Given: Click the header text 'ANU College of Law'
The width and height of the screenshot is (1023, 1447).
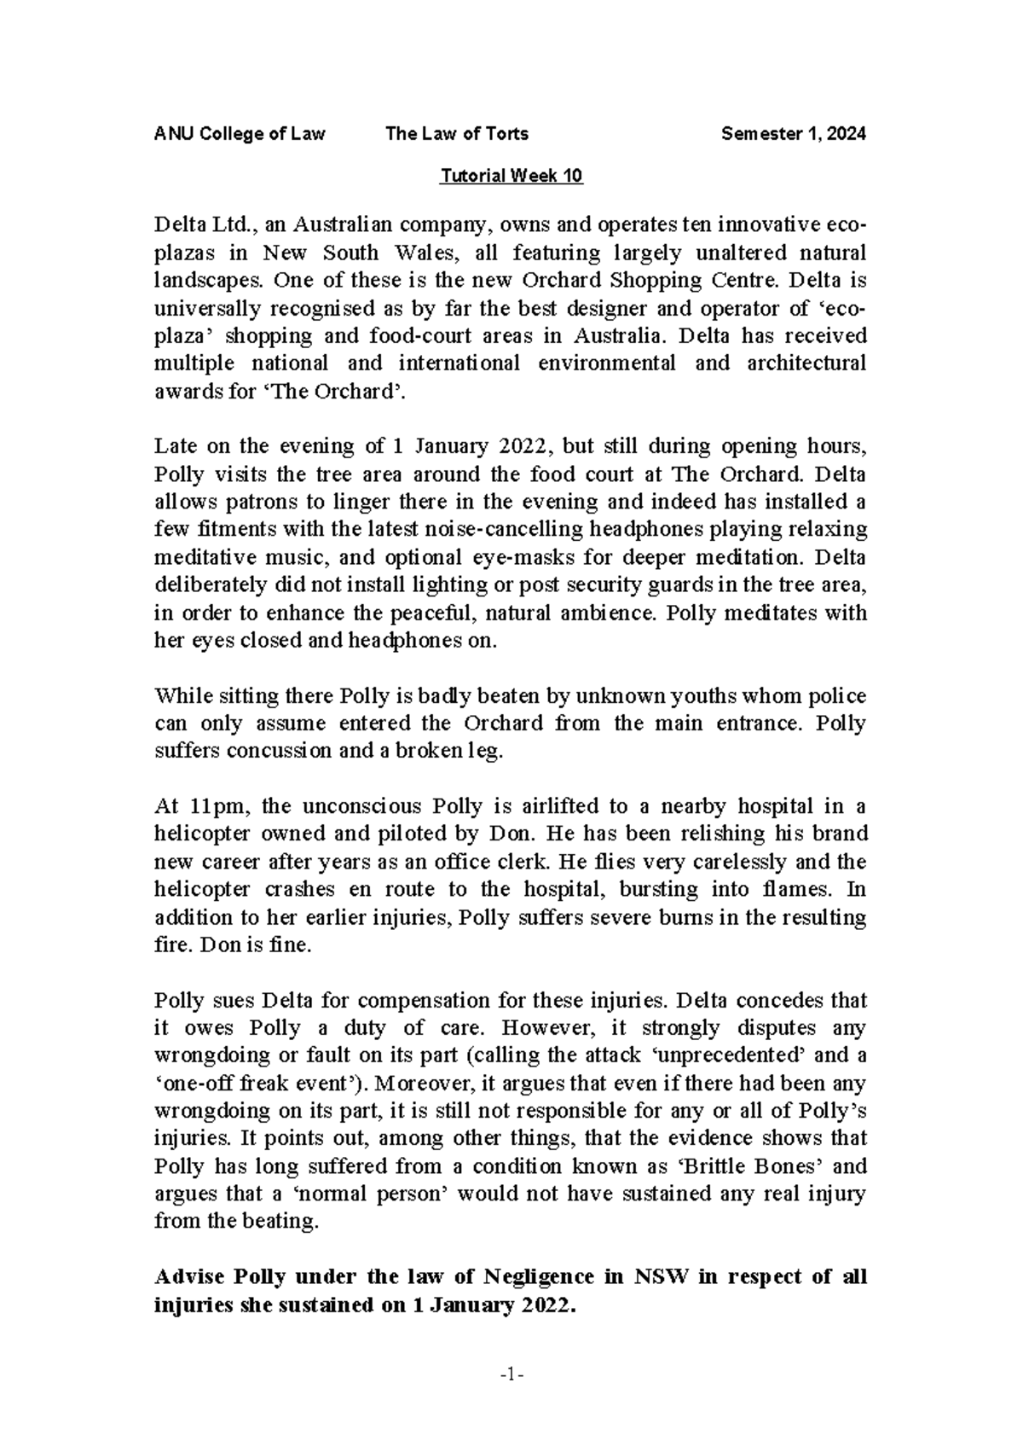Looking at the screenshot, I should pos(239,134).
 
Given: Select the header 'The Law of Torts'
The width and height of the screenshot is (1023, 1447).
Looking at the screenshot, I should pos(457,134).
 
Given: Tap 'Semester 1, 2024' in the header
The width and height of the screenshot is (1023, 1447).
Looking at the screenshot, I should pos(794,134).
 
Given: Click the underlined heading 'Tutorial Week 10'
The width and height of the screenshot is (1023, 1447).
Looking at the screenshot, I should pos(511,177).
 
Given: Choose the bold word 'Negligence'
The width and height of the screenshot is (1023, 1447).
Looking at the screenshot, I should pos(539,1277).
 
